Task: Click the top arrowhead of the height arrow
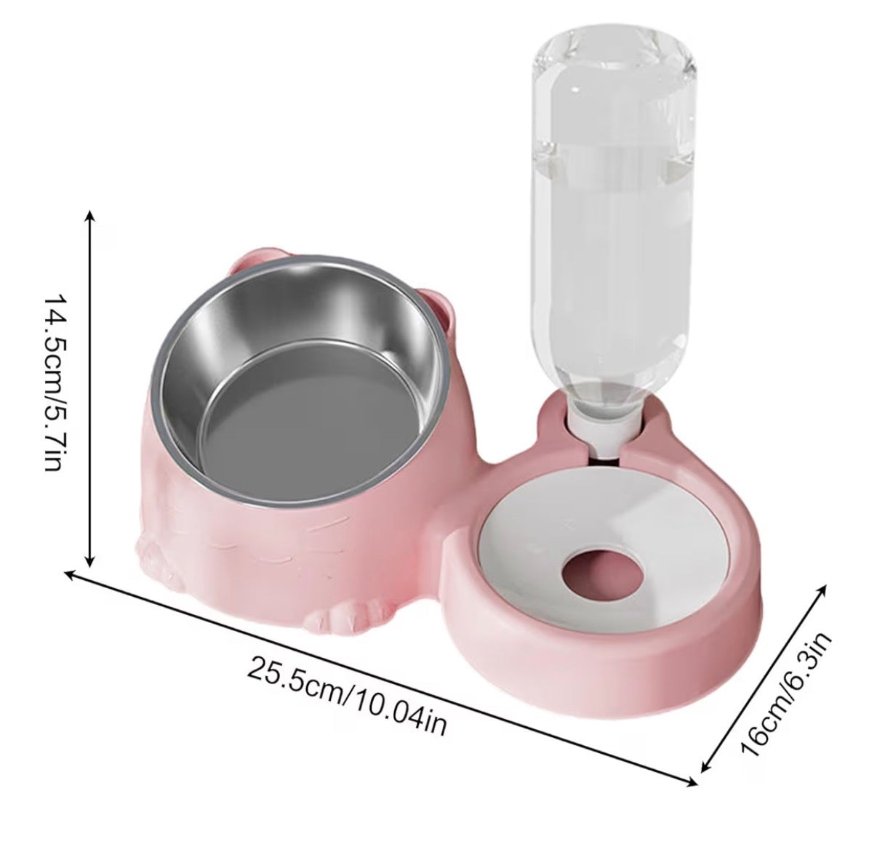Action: coord(89,215)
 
